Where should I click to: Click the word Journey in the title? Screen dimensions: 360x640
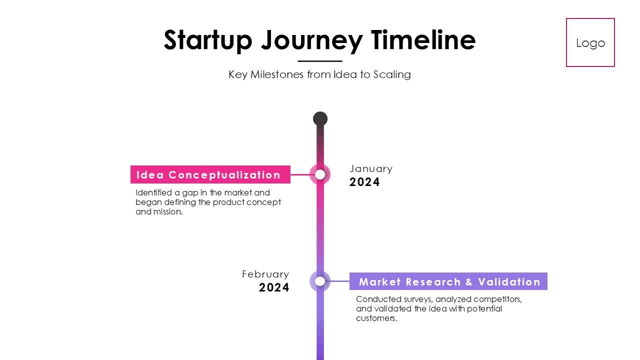click(x=311, y=40)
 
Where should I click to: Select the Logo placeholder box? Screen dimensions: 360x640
click(x=590, y=42)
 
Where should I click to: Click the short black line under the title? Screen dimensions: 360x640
click(x=320, y=61)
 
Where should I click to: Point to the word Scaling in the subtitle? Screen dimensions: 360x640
click(x=392, y=74)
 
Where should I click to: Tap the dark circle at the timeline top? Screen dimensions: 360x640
click(x=320, y=119)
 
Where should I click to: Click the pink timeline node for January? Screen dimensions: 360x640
click(x=320, y=174)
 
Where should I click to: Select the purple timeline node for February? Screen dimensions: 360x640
click(x=320, y=281)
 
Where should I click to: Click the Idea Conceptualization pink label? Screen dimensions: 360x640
click(x=210, y=175)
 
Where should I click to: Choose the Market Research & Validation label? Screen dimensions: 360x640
click(x=448, y=281)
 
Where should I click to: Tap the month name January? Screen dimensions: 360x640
click(x=371, y=169)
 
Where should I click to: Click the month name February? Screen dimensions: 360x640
click(x=265, y=274)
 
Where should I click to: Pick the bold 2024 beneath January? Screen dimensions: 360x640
click(x=364, y=182)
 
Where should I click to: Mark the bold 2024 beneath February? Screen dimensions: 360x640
click(x=274, y=288)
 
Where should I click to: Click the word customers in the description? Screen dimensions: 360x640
click(x=376, y=318)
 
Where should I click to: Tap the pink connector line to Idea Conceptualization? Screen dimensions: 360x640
click(x=300, y=175)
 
